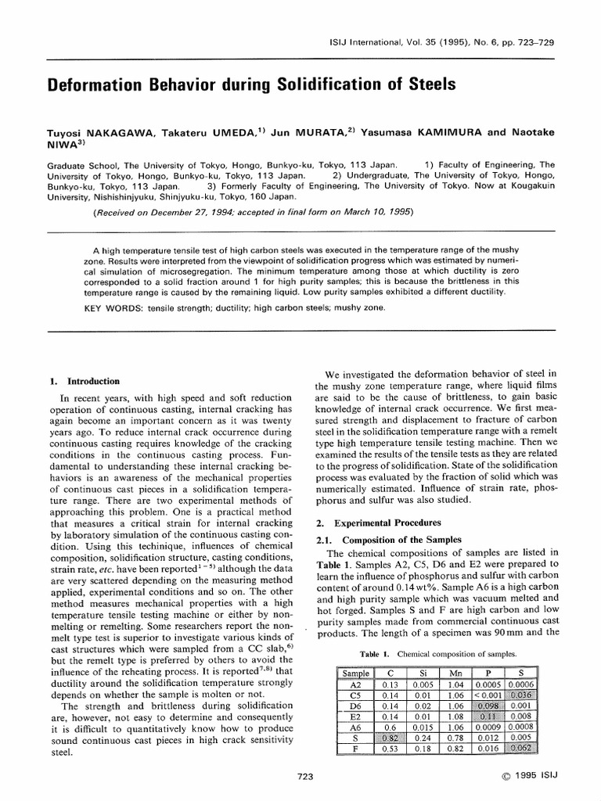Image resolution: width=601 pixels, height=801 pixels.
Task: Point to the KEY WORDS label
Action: (x=111, y=308)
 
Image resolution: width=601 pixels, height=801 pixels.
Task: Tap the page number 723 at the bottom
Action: (x=307, y=776)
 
